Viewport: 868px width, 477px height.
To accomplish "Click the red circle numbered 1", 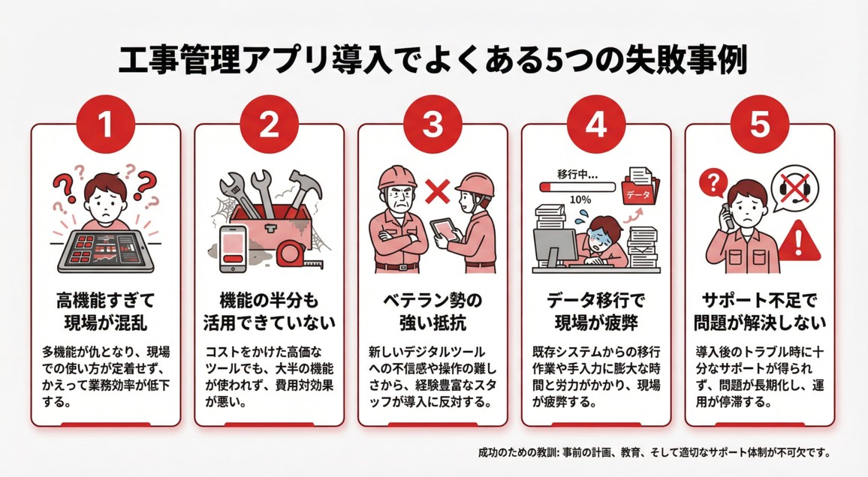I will pos(105,125).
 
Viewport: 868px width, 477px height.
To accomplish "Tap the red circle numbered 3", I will pos(432,125).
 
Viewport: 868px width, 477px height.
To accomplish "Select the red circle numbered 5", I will pos(759,125).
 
